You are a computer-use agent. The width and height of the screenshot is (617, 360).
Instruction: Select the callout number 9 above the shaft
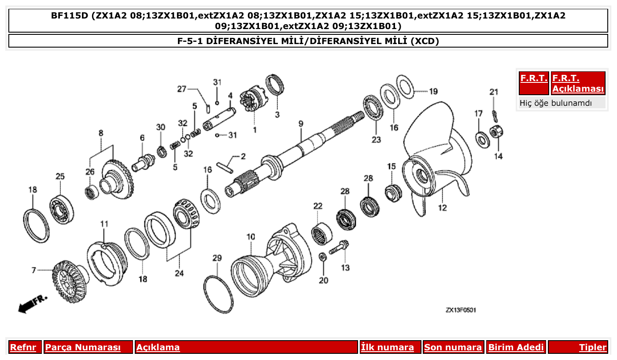tap(301, 124)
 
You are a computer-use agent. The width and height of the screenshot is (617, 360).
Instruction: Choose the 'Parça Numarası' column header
tap(83, 347)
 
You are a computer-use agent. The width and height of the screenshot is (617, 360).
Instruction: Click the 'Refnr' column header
tap(23, 347)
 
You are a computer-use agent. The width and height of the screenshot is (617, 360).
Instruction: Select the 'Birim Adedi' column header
tap(516, 347)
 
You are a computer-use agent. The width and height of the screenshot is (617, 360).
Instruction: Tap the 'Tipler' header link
tap(592, 347)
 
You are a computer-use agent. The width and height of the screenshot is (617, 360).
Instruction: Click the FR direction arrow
tap(31, 304)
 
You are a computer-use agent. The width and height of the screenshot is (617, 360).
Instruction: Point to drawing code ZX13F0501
tap(460, 310)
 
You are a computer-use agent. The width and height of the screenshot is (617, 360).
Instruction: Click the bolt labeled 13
tap(340, 248)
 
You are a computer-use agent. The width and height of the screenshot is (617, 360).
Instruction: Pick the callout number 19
tap(433, 92)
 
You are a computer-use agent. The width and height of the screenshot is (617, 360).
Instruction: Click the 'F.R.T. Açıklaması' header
tap(578, 83)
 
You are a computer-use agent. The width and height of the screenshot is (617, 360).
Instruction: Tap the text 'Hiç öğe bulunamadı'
tap(556, 103)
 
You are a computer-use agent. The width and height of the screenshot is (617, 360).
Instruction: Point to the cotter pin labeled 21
tap(495, 116)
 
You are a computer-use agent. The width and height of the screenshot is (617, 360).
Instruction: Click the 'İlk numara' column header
tap(388, 347)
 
